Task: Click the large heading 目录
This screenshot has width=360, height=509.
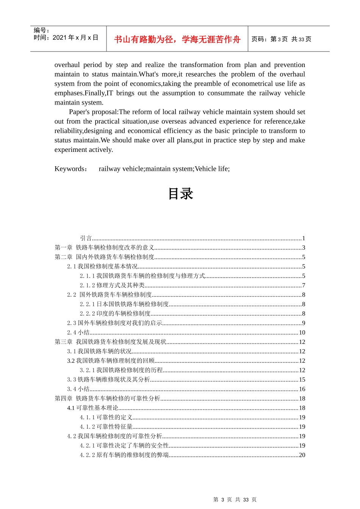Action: tap(180, 194)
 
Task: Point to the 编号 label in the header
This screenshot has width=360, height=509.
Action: tap(41, 30)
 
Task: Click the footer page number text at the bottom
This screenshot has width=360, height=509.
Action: tap(235, 500)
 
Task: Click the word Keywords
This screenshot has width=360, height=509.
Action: tap(70, 169)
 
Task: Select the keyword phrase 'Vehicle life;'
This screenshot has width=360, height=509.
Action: tap(212, 169)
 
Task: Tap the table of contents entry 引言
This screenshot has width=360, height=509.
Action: tap(86, 238)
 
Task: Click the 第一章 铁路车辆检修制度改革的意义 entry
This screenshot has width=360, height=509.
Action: tap(104, 248)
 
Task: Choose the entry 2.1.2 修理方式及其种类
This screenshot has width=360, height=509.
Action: tap(112, 286)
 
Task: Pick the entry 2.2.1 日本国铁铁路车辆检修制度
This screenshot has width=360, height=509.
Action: tap(124, 304)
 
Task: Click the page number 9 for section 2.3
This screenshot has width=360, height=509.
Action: tap(304, 323)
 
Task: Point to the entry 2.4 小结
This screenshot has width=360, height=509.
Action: tap(78, 333)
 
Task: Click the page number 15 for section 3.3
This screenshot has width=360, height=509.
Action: tap(302, 379)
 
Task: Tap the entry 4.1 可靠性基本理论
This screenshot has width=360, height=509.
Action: tap(93, 408)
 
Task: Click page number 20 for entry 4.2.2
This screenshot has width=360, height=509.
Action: tap(302, 455)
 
